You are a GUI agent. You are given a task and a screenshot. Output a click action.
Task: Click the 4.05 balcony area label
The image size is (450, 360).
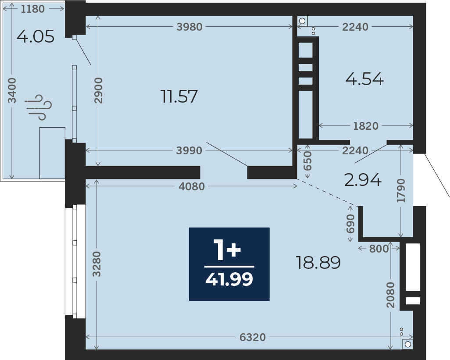point(35,36)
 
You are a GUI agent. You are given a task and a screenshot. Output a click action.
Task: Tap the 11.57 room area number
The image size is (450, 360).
point(179,96)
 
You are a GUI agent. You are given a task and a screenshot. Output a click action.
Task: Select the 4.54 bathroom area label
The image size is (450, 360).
point(364,79)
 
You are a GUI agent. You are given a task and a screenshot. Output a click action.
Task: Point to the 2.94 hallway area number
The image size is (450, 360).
point(363,180)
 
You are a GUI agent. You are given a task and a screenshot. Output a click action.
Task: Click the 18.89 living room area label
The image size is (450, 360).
point(318,263)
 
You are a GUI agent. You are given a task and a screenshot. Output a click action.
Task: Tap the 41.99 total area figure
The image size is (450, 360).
point(229,279)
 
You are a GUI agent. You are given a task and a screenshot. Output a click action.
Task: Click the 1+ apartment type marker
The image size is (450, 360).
point(227,250)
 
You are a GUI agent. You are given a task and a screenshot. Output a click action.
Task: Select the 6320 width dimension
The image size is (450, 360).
point(253,337)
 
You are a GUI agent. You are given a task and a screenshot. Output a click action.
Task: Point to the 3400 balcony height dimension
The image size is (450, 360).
point(12,90)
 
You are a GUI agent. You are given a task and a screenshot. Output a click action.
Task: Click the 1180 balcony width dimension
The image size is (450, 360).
point(33,9)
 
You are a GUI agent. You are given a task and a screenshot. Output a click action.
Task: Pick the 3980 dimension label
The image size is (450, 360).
point(189,27)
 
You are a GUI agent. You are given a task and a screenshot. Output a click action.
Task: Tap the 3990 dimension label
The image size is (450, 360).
point(189,150)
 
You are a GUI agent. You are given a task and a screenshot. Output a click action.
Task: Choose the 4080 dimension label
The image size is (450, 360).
point(192,187)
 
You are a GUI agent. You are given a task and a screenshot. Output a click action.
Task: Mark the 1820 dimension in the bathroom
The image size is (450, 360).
point(366,126)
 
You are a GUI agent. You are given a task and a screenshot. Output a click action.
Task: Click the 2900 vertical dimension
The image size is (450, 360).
point(98,90)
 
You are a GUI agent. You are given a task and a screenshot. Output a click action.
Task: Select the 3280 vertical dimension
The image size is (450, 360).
point(97,264)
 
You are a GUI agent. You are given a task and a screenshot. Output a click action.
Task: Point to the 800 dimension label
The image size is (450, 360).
point(379,249)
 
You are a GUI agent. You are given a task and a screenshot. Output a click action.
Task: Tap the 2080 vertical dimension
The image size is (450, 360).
point(391,295)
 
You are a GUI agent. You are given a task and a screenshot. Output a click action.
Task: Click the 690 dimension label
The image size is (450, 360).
point(350,224)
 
